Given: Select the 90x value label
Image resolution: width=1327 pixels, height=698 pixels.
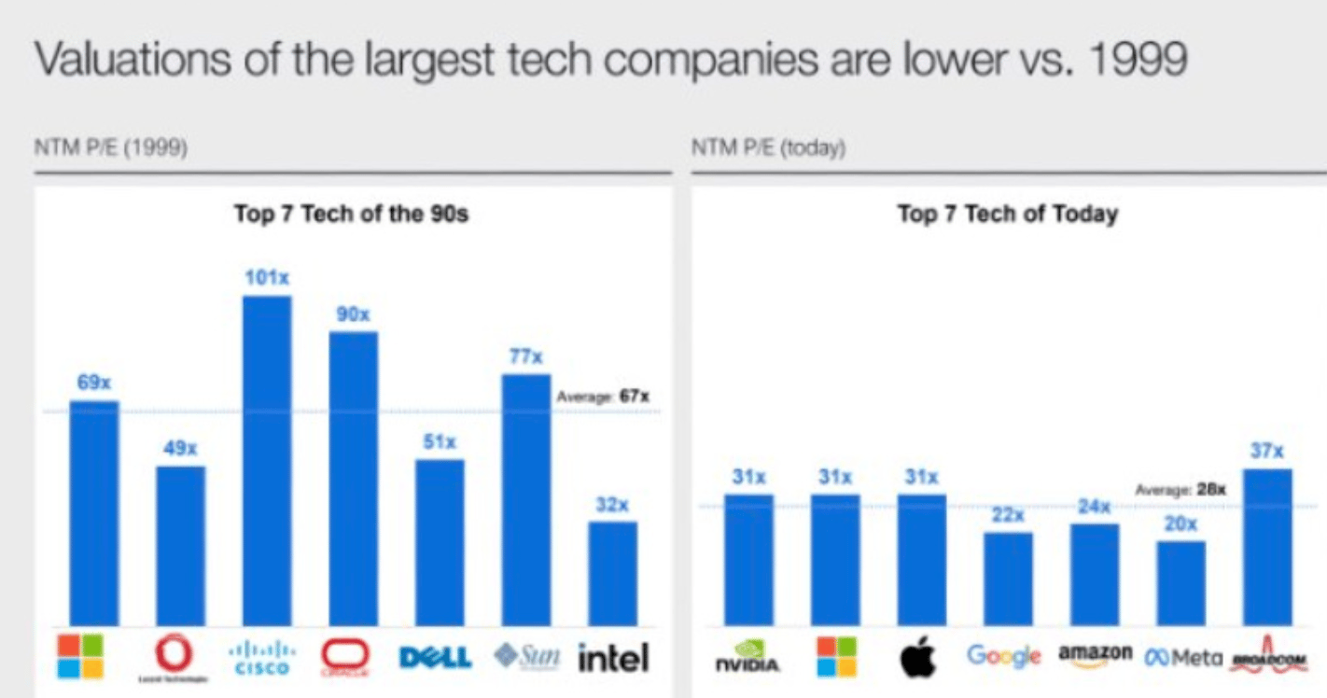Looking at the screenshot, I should click(354, 314).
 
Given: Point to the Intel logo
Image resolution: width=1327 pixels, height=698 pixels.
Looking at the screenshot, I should click(613, 659).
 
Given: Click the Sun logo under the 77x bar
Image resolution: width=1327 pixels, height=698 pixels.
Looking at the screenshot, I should click(527, 657).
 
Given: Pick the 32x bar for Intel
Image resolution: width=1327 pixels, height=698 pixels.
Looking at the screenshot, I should click(613, 573).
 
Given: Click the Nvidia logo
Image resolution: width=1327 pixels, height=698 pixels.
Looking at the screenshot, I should click(748, 658).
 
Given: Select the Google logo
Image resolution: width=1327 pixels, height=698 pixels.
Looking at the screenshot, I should click(1003, 656).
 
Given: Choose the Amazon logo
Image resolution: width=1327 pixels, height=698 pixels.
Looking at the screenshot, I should click(1095, 653).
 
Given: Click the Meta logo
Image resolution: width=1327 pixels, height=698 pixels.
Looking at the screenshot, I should click(1182, 658).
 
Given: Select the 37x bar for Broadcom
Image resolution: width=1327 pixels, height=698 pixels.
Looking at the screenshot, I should click(1267, 547).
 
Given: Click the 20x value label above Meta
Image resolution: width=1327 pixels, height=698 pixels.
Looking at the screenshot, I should click(1180, 523).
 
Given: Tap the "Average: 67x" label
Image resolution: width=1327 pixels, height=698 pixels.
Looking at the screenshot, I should click(603, 397).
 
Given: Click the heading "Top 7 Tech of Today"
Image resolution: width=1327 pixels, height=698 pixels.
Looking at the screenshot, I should click(1007, 214).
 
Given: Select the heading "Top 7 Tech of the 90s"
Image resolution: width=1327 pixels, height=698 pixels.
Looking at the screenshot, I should click(351, 214).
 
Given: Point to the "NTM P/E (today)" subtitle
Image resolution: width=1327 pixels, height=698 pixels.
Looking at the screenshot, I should click(768, 148).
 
